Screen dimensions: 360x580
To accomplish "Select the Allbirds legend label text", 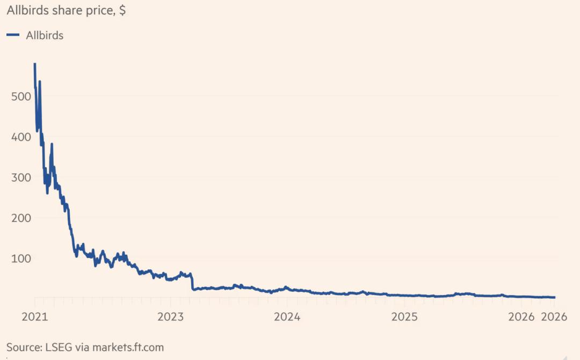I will coord(45,35).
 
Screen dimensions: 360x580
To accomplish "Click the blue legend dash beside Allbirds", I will coord(13,35).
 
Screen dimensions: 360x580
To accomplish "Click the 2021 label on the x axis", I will coord(35,317).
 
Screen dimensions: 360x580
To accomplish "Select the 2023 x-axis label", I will coord(170,317).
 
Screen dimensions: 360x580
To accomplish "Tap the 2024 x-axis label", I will coord(287,317).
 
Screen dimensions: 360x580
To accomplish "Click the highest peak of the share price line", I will coord(35,64).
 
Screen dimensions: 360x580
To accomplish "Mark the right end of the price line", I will coord(554,297).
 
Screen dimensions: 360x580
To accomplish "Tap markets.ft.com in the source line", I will coord(127,347).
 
